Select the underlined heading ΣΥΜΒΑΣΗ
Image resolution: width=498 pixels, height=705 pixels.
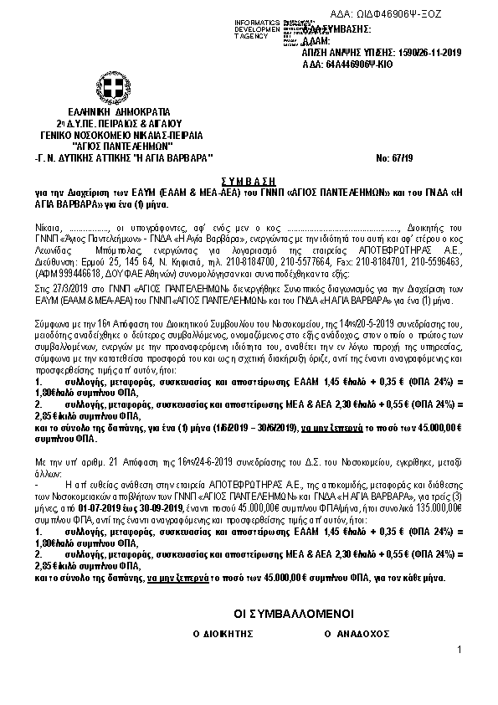[x=249, y=179]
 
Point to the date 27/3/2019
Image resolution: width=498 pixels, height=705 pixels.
[x=68, y=290]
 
